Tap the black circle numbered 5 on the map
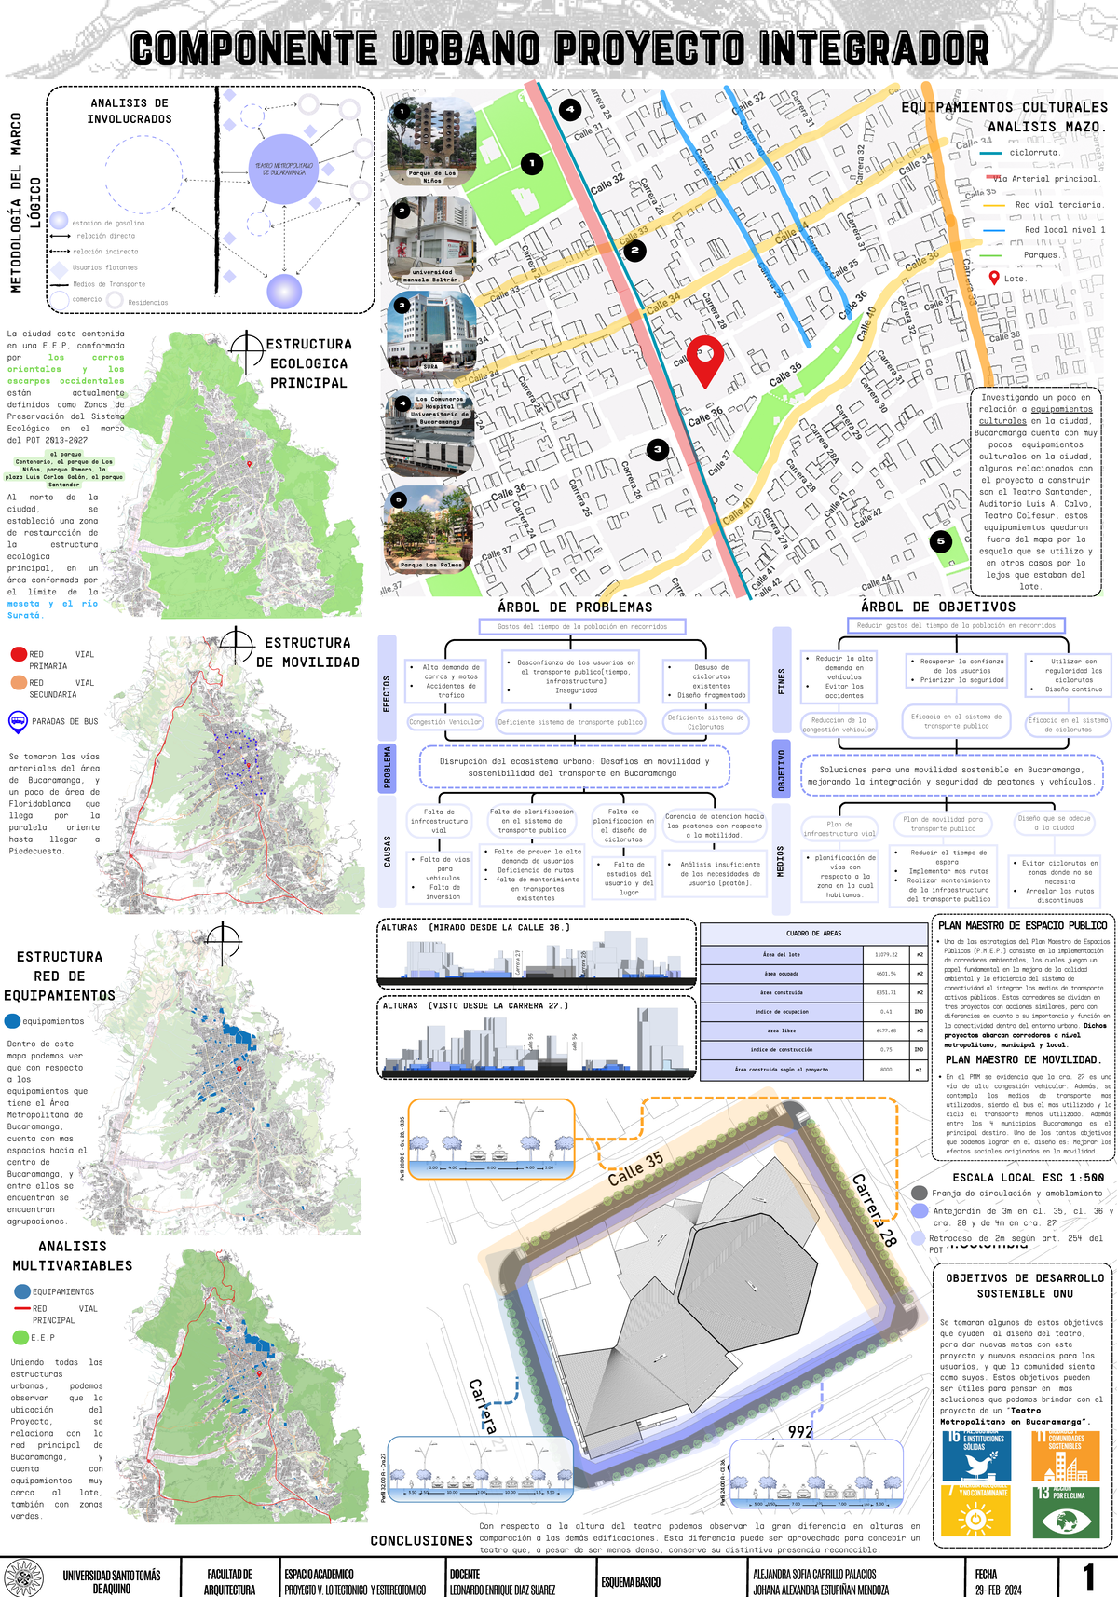(940, 541)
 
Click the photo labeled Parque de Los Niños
(431, 143)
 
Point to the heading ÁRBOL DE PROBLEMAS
(575, 607)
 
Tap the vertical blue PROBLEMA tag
(388, 767)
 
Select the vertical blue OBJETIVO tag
(782, 771)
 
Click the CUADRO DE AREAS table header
(813, 933)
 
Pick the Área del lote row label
(782, 954)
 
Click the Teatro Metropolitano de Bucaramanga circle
(284, 169)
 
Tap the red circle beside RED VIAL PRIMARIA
(18, 654)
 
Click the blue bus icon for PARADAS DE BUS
(18, 721)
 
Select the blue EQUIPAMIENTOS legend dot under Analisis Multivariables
(22, 1291)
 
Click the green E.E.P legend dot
(20, 1337)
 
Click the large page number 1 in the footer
(1088, 1577)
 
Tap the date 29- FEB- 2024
(998, 1590)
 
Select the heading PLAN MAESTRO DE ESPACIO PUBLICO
(1022, 925)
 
